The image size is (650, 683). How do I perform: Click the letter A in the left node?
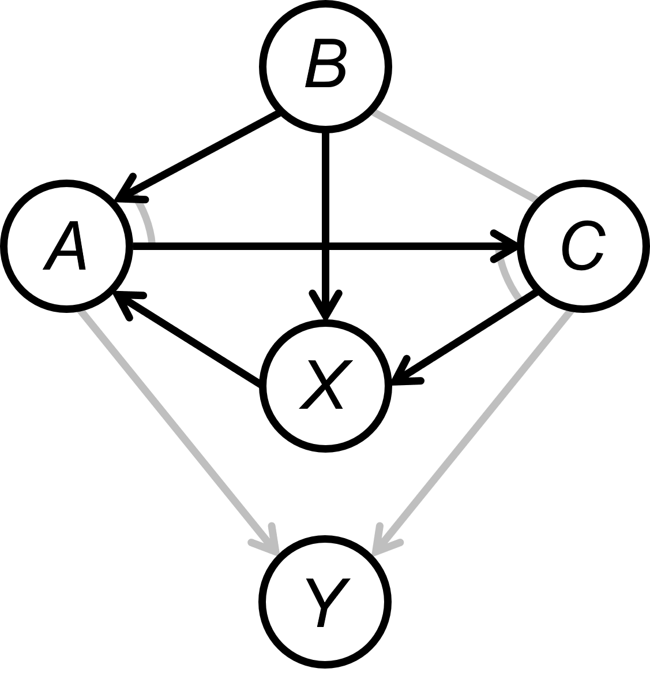[65, 246]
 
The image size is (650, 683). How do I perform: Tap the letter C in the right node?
[583, 247]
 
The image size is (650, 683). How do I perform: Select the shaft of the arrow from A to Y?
[173, 424]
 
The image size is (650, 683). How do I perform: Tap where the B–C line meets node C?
[534, 198]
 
